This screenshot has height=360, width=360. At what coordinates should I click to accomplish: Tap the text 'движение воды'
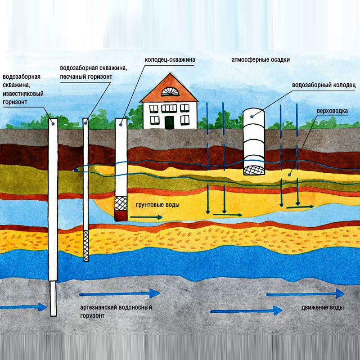point(322,308)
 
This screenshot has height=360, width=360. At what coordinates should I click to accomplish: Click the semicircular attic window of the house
point(169,91)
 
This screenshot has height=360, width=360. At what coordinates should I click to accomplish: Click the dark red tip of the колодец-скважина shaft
point(121,216)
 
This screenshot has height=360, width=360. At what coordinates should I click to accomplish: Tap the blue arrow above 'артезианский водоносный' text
point(119,294)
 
